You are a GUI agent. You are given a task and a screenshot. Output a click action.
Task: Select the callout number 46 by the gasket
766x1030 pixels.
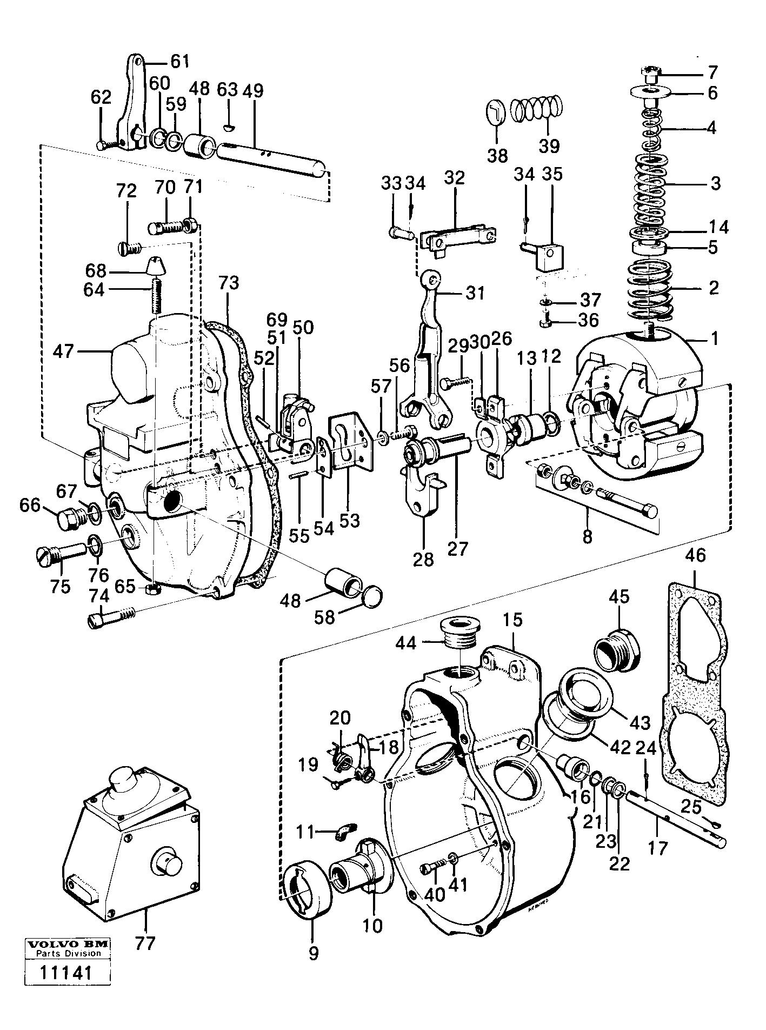[x=695, y=555]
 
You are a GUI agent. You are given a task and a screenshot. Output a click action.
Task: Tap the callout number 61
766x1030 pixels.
[x=180, y=61]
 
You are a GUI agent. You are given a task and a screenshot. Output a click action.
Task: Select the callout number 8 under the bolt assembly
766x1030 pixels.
[x=588, y=536]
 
